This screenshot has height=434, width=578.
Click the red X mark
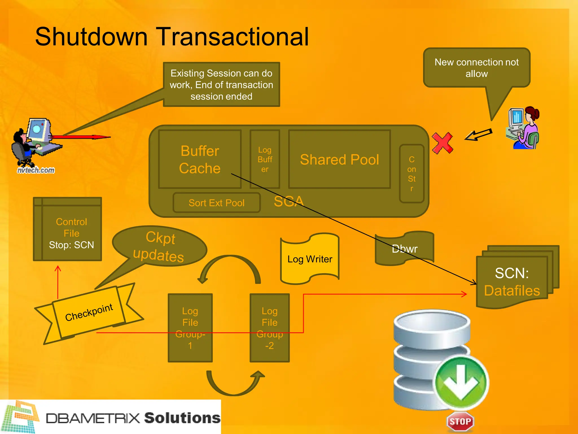pos(442,143)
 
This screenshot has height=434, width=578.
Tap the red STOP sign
pos(460,422)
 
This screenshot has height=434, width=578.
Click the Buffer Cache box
pos(200,159)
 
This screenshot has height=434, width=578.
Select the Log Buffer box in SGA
pos(265,159)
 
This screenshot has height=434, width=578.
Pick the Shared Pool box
pos(340,159)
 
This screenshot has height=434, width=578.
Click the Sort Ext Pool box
pos(216,203)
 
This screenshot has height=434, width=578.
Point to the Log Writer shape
pos(310,259)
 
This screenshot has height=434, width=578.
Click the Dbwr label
pos(404,249)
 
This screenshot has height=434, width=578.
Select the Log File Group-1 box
pos(190,328)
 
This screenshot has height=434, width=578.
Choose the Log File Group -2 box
pos(270,328)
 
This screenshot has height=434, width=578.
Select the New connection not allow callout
pos(476,68)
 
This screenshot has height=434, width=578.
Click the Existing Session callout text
pos(221,84)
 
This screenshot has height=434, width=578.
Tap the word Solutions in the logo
pos(182,418)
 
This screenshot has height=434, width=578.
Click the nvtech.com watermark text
pos(36,170)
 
